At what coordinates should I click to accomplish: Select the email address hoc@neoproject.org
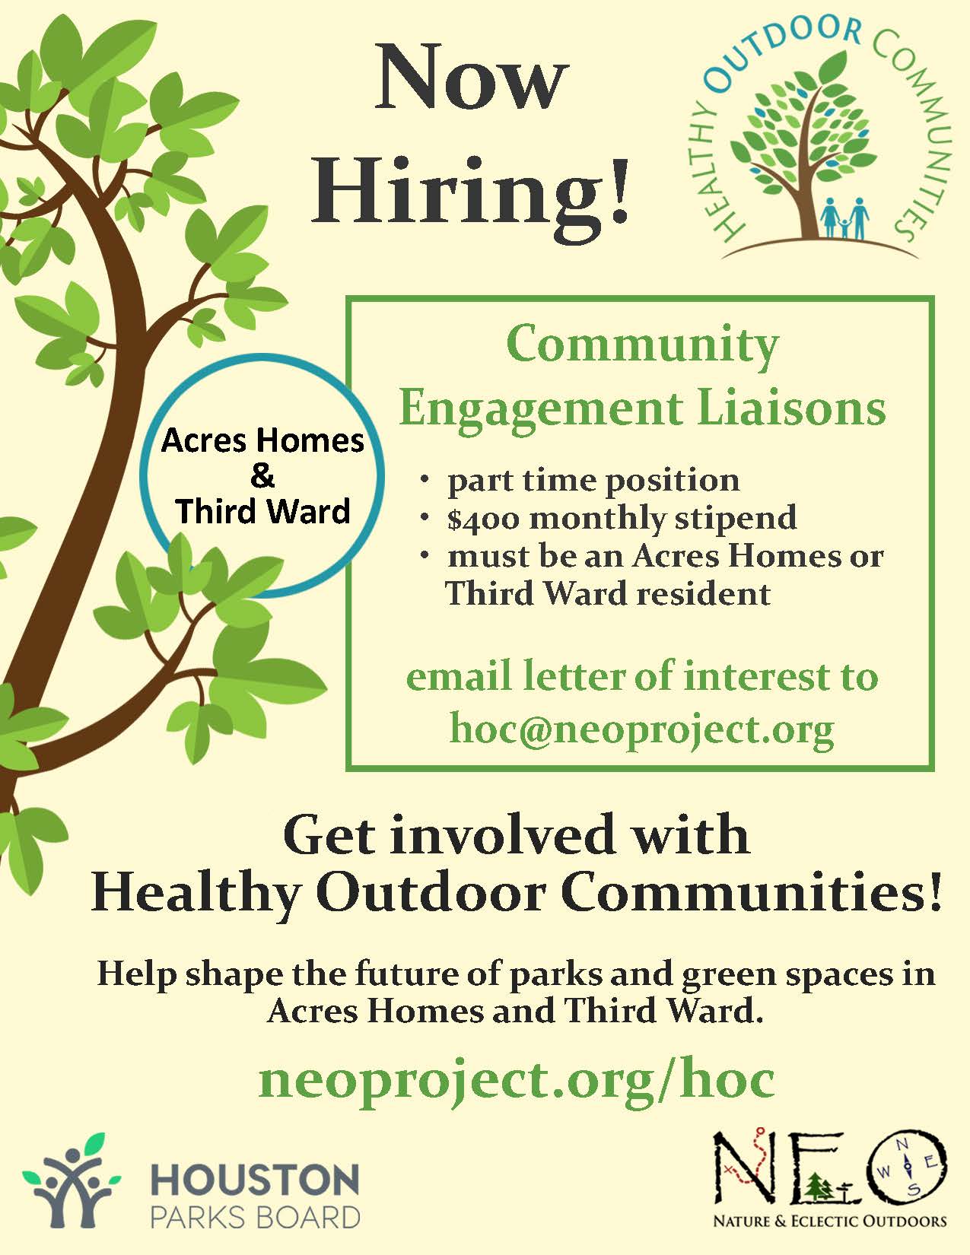click(x=642, y=729)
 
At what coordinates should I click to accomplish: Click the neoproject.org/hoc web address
click(x=517, y=1080)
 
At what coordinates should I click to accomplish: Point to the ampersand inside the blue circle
click(x=262, y=476)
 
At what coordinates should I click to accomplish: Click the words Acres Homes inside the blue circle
click(x=263, y=441)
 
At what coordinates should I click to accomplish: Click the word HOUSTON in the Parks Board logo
click(x=255, y=1180)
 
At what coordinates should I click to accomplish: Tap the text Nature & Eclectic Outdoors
click(x=830, y=1222)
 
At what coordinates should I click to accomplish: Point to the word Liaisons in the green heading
click(x=791, y=409)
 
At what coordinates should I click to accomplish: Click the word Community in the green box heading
click(x=642, y=345)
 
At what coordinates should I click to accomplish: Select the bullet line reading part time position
click(x=593, y=481)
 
